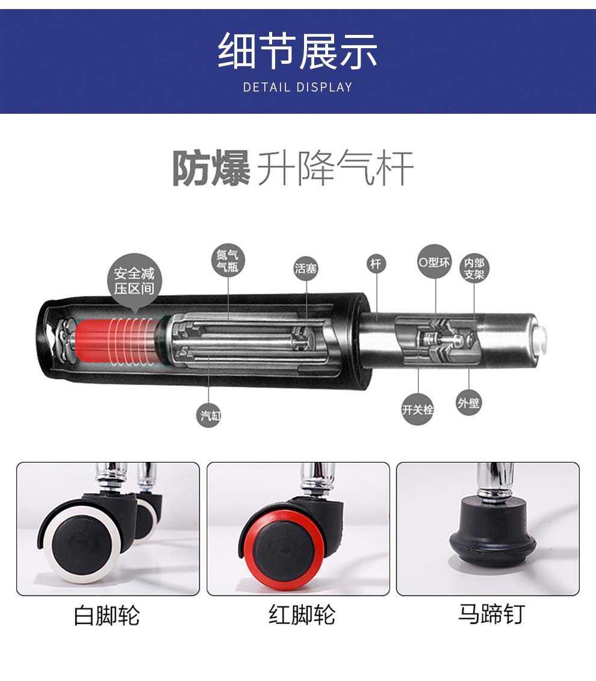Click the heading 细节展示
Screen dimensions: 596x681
click(x=297, y=51)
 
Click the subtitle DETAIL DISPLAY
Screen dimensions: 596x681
click(x=297, y=87)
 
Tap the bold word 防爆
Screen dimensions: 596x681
click(x=211, y=168)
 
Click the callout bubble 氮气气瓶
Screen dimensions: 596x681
click(x=228, y=261)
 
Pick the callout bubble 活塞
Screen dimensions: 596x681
click(x=306, y=268)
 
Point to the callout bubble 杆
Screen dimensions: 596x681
click(x=376, y=264)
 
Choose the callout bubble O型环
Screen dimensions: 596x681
click(x=435, y=262)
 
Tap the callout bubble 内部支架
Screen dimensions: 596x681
click(x=474, y=269)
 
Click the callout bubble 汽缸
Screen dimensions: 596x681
click(x=209, y=415)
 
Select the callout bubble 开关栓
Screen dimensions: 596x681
click(x=418, y=409)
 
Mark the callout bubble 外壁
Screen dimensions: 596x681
click(x=469, y=403)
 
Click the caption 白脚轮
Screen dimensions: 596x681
click(x=107, y=615)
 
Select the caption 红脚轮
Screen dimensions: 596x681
click(x=302, y=615)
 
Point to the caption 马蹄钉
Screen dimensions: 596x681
click(x=491, y=614)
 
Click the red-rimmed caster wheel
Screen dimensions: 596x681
click(x=283, y=544)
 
